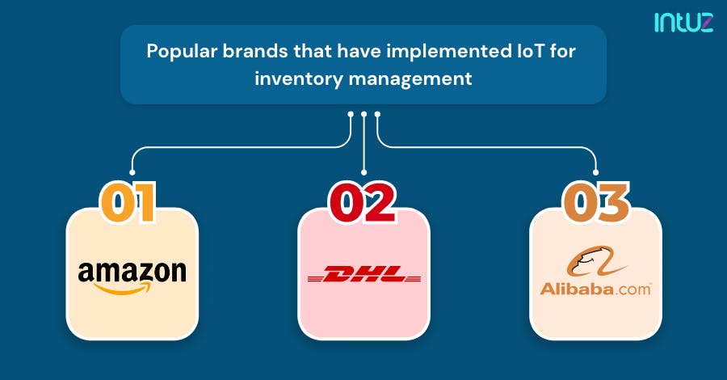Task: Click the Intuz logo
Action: point(683,23)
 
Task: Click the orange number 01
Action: point(129,202)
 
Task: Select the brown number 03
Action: point(595,202)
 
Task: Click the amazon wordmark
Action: point(132,271)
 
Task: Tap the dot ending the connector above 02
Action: point(364,171)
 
